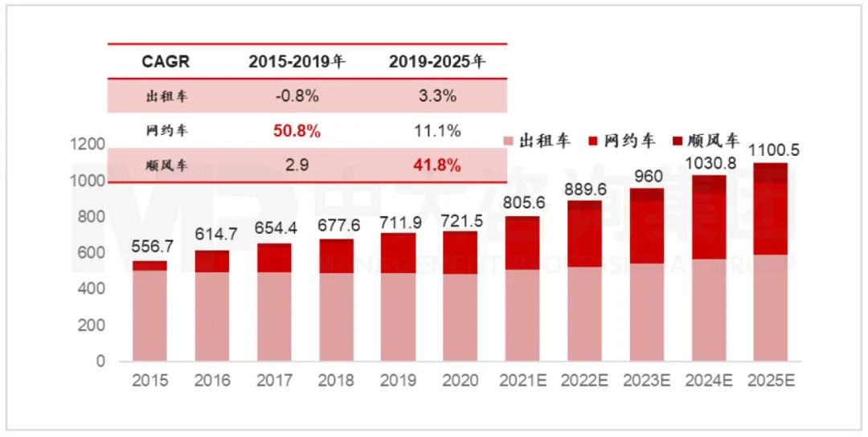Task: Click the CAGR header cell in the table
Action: tap(166, 62)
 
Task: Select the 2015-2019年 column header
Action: tap(296, 62)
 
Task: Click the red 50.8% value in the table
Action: tap(296, 131)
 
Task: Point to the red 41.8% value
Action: tap(436, 165)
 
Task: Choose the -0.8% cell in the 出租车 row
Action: tap(296, 96)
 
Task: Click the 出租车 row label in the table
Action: tap(166, 96)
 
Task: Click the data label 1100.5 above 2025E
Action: tap(770, 150)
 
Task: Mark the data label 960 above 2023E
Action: tap(646, 175)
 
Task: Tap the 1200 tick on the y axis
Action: tap(90, 145)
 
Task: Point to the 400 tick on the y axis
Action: tap(95, 289)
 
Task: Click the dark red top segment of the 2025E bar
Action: tap(770, 172)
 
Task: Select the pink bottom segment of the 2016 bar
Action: tap(212, 317)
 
